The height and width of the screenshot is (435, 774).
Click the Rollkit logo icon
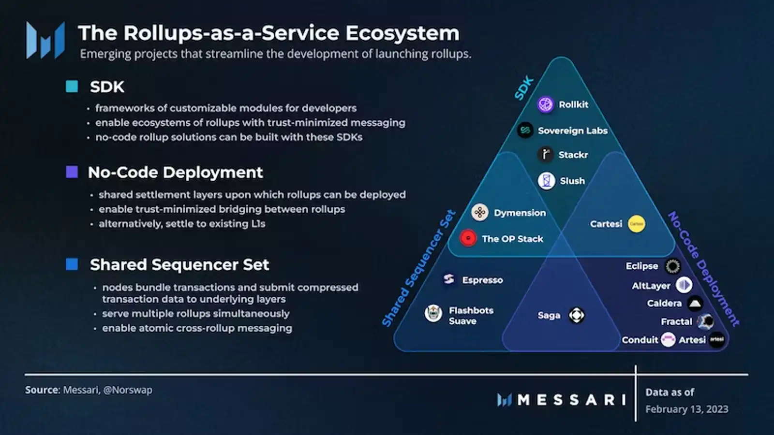(x=545, y=104)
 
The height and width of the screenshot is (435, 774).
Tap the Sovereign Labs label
(x=572, y=130)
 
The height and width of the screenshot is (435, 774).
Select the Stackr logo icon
(x=545, y=154)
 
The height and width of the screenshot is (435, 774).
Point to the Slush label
(x=572, y=181)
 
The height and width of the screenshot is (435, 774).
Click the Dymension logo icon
(x=480, y=212)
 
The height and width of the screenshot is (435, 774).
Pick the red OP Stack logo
(x=468, y=238)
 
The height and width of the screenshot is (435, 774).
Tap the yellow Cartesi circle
(x=636, y=224)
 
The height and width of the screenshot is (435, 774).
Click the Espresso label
(x=482, y=280)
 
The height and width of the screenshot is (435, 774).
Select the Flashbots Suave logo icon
(x=433, y=314)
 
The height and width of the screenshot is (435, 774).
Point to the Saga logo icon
(x=576, y=315)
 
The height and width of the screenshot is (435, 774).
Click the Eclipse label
(x=641, y=266)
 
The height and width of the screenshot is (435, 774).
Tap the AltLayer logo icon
(x=684, y=285)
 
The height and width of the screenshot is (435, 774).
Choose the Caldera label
(x=664, y=303)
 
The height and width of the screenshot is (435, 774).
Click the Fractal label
(x=676, y=321)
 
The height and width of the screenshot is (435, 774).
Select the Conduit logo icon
(x=668, y=340)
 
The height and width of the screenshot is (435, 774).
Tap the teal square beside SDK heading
(x=72, y=87)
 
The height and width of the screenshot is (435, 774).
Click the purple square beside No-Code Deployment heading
(x=72, y=172)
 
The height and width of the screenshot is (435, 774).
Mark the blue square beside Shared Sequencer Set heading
(x=72, y=264)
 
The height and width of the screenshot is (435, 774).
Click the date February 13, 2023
(x=686, y=409)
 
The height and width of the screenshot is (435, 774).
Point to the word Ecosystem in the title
(x=402, y=33)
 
